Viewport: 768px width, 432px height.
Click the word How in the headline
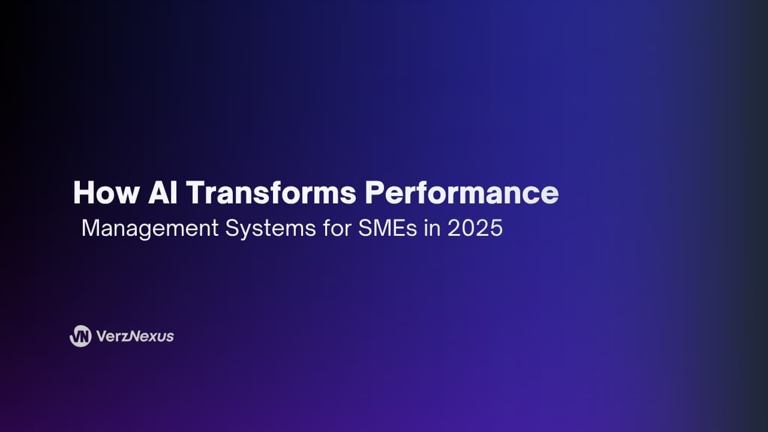tap(106, 193)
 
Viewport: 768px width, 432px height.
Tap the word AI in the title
tap(163, 193)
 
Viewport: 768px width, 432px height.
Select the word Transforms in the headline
tap(271, 193)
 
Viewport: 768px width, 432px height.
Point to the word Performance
tap(462, 193)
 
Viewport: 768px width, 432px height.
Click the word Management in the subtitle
tap(150, 229)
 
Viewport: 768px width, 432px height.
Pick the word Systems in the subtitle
tap(271, 229)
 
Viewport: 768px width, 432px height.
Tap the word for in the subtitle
tap(337, 228)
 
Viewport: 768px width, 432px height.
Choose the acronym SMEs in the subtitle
tap(388, 228)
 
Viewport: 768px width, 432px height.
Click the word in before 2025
tap(432, 228)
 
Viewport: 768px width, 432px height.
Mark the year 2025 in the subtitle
tap(475, 228)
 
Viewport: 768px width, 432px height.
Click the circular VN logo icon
tap(80, 336)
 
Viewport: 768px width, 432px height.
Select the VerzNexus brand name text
tap(135, 337)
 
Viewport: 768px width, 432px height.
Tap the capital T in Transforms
tap(196, 193)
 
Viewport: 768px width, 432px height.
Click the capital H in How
tap(83, 193)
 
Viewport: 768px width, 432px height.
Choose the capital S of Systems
tap(233, 228)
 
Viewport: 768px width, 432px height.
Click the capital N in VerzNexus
tap(134, 337)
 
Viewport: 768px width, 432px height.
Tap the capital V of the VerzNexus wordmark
tap(103, 337)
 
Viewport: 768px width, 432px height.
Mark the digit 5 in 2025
tap(496, 228)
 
